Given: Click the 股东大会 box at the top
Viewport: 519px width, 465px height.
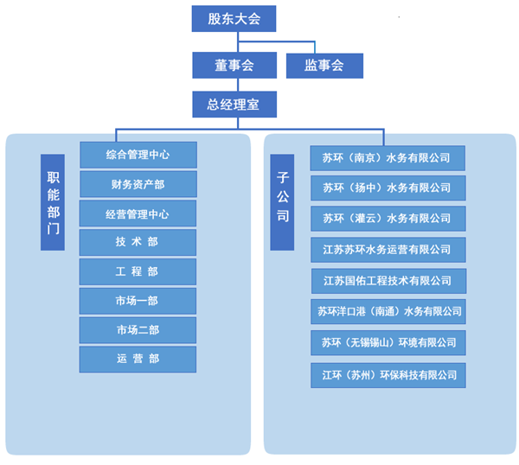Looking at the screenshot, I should tap(234, 18).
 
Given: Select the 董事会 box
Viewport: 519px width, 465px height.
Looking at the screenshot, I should tap(234, 65).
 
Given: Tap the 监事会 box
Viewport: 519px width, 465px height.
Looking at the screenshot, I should tap(324, 65).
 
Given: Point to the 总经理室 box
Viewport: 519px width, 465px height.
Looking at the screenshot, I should tap(234, 105).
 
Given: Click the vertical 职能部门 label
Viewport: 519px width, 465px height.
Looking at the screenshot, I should tap(53, 202).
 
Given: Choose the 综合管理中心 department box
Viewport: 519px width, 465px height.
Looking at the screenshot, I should tap(138, 155).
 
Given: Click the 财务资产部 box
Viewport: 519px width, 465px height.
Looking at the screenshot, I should tap(138, 184).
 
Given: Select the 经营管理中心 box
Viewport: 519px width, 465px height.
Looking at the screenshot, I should tap(138, 213).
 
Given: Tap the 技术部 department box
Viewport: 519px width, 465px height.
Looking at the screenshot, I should tap(138, 243).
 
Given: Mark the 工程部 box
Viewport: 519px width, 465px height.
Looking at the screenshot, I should tap(138, 272).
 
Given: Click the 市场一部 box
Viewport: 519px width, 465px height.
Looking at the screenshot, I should tap(138, 301).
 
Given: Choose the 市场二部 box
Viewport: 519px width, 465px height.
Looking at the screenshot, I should tap(138, 330).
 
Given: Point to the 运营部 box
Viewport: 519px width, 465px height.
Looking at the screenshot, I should tap(138, 359).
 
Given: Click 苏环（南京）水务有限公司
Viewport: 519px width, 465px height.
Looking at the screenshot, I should tap(388, 158).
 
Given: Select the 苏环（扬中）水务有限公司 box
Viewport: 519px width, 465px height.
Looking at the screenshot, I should tap(388, 188).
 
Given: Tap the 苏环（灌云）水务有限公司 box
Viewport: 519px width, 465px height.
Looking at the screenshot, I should tap(388, 218).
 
